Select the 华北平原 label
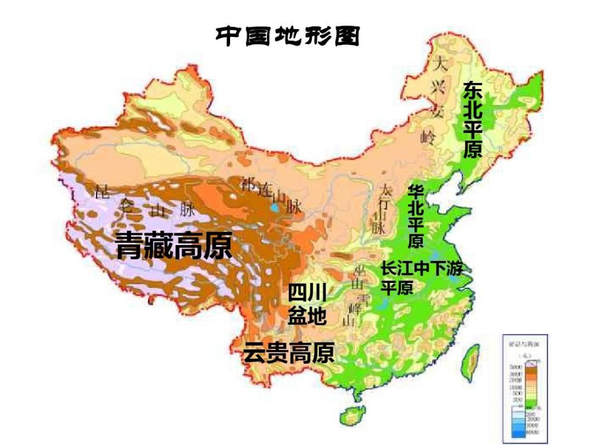[416, 217]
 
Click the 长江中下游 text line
[421, 269]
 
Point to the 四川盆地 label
[307, 304]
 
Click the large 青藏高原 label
[173, 245]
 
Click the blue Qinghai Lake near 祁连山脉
[273, 209]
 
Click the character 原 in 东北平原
[473, 150]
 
